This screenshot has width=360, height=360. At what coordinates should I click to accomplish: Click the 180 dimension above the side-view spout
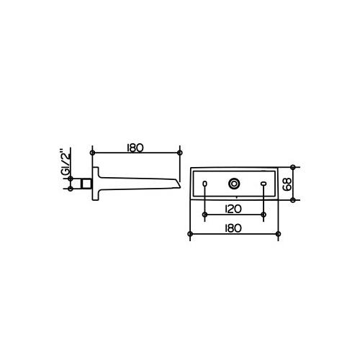pyautogui.click(x=135, y=148)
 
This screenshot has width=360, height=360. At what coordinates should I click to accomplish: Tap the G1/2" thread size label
pyautogui.click(x=65, y=161)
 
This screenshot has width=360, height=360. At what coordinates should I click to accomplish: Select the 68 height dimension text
pyautogui.click(x=287, y=184)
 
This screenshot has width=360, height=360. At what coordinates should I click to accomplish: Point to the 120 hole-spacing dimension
pyautogui.click(x=233, y=209)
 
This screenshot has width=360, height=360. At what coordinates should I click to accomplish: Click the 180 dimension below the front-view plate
pyautogui.click(x=233, y=228)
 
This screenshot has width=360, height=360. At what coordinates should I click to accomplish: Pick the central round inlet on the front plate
pyautogui.click(x=234, y=184)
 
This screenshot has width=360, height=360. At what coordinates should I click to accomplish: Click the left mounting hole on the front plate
pyautogui.click(x=204, y=184)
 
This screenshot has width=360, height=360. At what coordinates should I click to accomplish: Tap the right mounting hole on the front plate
pyautogui.click(x=264, y=184)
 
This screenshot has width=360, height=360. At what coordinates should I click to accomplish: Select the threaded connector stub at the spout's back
pyautogui.click(x=86, y=184)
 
